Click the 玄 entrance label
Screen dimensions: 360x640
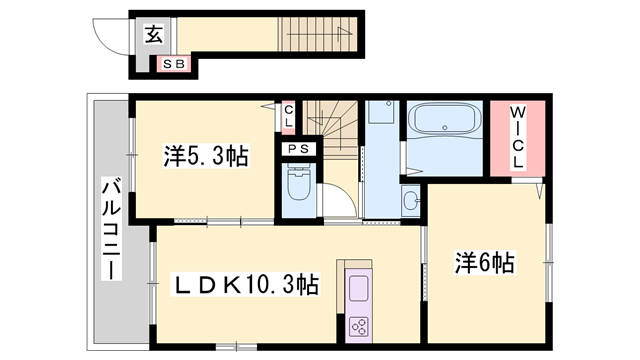(x=154, y=34)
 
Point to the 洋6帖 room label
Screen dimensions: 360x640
(x=486, y=263)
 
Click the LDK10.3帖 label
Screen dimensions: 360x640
(x=247, y=286)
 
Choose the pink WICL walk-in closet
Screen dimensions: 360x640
(x=518, y=139)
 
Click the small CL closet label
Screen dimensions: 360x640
(x=289, y=118)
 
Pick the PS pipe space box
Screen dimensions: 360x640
(x=297, y=150)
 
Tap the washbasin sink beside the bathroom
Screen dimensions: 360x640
(x=410, y=202)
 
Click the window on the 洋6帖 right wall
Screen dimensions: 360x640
(x=548, y=262)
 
